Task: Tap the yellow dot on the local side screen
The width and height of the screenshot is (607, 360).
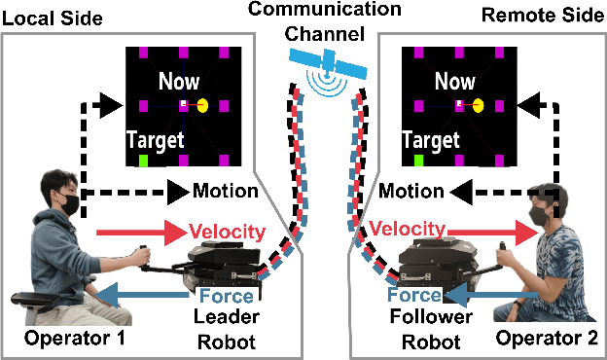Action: coord(203,104)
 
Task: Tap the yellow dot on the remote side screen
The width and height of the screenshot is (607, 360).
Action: coord(478,104)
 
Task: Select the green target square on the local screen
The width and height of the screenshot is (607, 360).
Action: coord(144,160)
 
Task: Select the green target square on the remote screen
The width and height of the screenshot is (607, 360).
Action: coord(418,160)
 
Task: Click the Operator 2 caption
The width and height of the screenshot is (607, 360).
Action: coord(543,341)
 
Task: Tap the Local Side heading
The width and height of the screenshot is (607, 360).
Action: coord(49,13)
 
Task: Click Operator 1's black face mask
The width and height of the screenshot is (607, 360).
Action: coord(65,205)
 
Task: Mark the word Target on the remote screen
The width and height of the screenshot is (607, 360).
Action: coord(430,140)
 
